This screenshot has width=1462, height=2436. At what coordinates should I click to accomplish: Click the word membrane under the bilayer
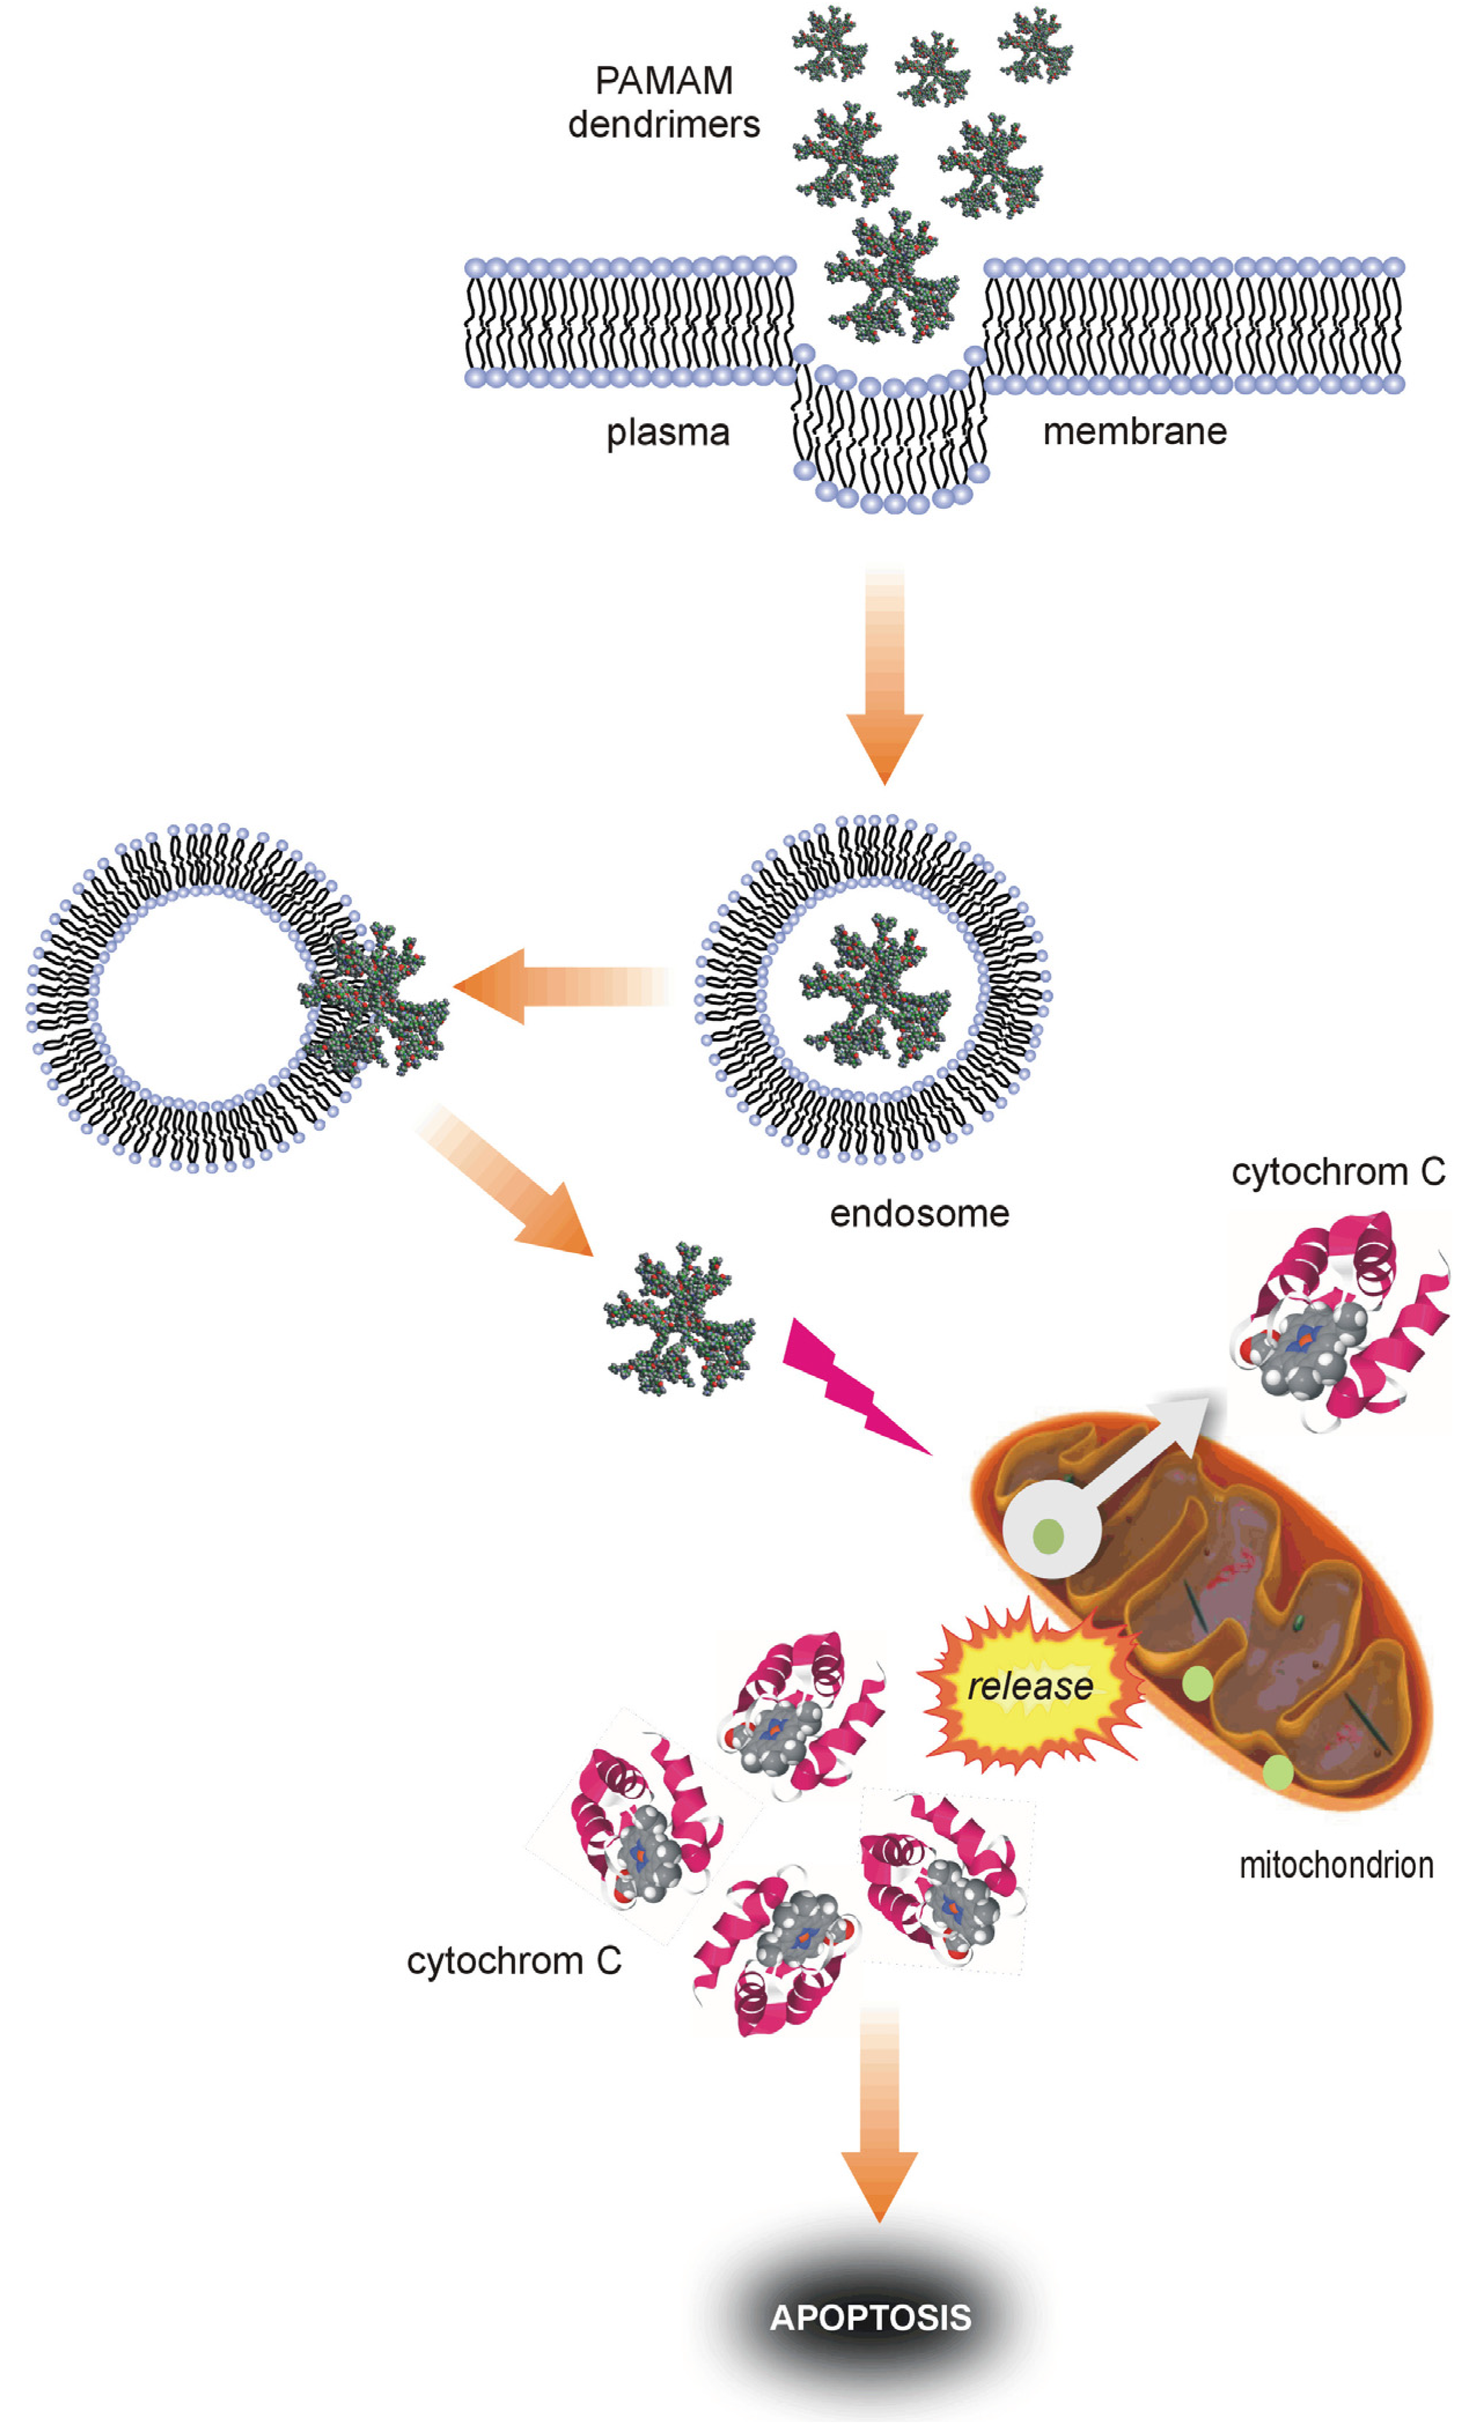click(x=1134, y=431)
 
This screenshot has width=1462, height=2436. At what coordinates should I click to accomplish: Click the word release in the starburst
click(x=1030, y=1686)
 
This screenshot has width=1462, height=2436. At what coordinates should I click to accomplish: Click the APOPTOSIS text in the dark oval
click(x=870, y=2318)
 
